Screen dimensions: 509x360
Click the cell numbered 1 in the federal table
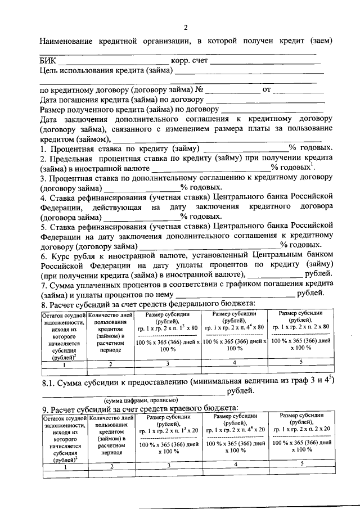pos(64,364)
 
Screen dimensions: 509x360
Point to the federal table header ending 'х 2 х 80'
pos(300,327)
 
